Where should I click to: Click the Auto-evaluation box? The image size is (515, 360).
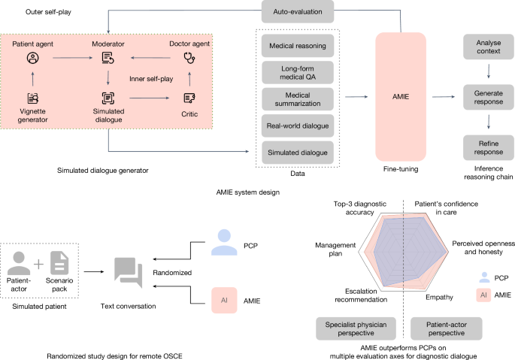[297, 12]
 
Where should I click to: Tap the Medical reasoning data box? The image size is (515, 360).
[297, 47]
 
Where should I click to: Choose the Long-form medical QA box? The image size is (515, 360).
[297, 73]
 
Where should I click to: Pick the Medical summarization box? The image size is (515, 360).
[297, 99]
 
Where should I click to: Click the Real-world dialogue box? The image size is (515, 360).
[297, 126]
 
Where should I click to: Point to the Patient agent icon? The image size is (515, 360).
[32, 58]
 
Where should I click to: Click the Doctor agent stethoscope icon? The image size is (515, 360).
[189, 58]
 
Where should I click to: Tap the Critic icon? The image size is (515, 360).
[189, 97]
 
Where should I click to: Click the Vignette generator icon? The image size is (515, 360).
[32, 98]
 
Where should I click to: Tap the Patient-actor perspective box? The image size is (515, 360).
[447, 328]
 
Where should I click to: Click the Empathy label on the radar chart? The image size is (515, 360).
[439, 298]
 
